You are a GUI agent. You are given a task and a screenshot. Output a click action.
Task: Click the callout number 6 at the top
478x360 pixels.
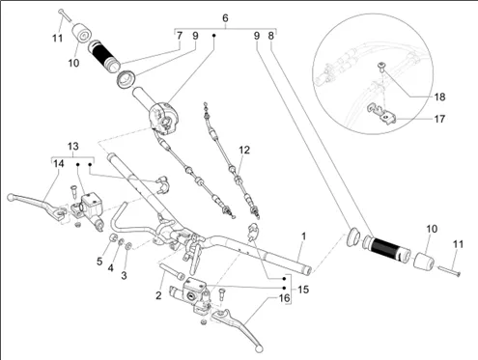(x=225, y=18)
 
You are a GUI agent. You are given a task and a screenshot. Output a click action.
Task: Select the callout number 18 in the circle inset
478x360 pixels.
(x=439, y=97)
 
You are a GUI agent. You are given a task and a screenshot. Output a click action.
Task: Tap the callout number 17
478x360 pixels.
(x=439, y=119)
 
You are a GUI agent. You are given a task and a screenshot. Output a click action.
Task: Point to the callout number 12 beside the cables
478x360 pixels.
(x=244, y=150)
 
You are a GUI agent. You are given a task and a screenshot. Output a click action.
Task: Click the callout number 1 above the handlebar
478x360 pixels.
(x=303, y=236)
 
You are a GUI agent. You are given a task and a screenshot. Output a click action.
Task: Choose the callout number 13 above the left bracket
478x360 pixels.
(x=73, y=147)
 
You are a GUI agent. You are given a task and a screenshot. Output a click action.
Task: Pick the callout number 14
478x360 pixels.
(x=59, y=164)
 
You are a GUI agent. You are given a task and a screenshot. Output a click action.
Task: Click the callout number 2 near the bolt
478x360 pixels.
(x=158, y=295)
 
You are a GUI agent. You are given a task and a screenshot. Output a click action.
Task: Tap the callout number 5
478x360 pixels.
(x=99, y=262)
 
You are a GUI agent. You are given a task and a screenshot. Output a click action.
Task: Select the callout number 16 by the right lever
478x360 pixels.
(x=284, y=298)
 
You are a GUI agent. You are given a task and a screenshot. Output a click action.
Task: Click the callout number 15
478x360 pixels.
(x=303, y=290)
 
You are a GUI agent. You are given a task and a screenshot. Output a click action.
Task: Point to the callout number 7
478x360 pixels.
(x=180, y=36)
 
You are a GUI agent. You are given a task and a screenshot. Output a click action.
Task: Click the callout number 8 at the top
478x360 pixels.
(x=271, y=36)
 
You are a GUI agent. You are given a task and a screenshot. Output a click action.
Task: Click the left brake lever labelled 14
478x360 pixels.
(x=37, y=202)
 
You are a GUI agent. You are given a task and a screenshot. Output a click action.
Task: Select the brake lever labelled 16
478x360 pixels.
(x=239, y=328)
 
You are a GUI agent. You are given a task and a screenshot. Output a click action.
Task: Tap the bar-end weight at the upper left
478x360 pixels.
(x=81, y=33)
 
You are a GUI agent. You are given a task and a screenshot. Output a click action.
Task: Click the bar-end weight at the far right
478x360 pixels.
(x=423, y=261)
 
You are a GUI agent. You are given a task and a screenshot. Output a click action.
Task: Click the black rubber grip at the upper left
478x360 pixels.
(x=104, y=56)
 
